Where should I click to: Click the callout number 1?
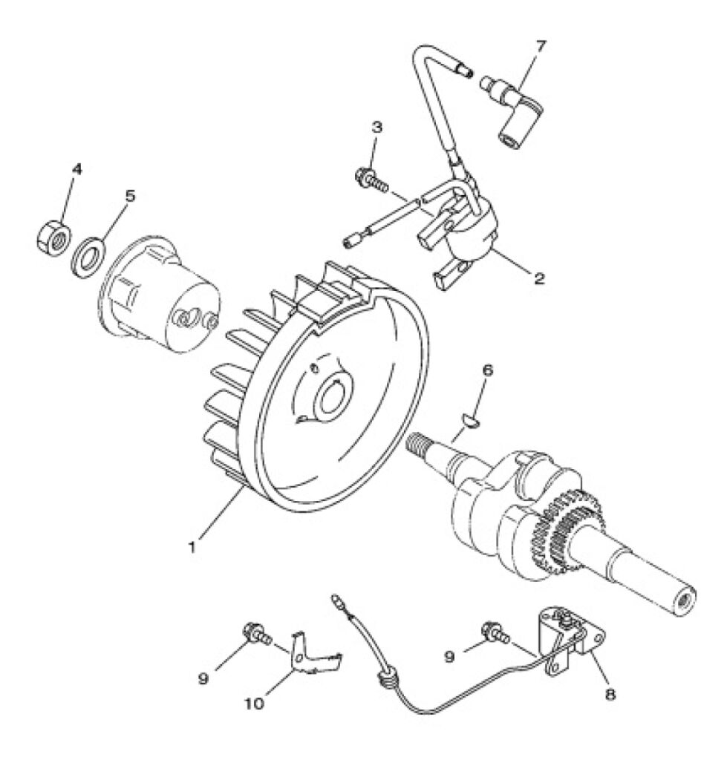pos(192,547)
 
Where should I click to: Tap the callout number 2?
pos(539,278)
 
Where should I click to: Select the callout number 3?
pos(376,127)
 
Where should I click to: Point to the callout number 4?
pos(77,169)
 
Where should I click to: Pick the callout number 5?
pos(130,196)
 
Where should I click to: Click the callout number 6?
pos(487,370)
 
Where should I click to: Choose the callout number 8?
pos(610,694)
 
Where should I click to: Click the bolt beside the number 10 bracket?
pos(255,635)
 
